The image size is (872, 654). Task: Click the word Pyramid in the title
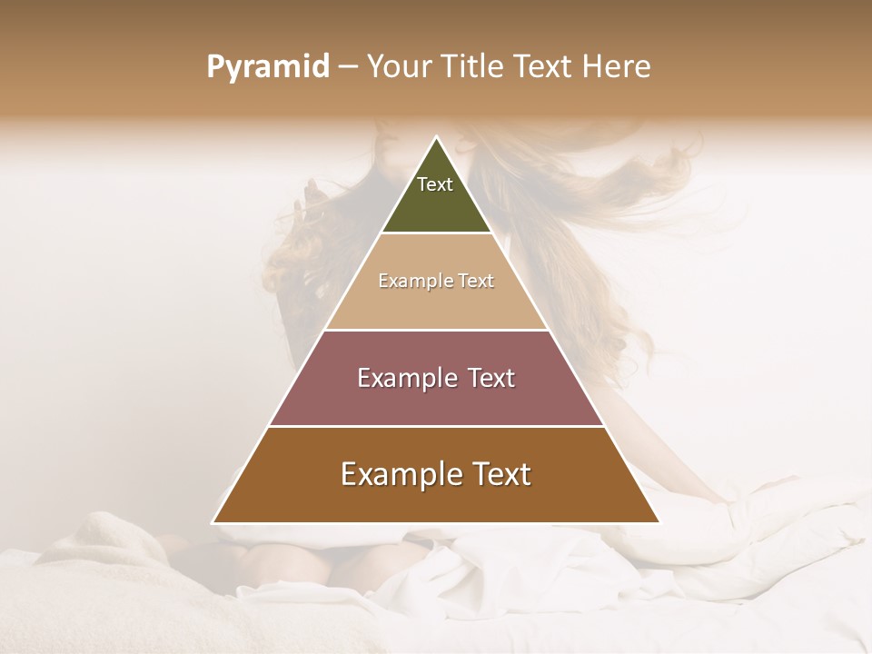coord(267,67)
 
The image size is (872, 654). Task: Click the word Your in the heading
coord(398,66)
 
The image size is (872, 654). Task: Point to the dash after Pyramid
coord(348,67)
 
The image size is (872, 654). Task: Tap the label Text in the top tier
coord(435,184)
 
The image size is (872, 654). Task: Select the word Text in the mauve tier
coord(491,378)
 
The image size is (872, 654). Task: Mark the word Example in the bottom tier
coord(399,474)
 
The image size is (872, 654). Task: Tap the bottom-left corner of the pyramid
coord(213,523)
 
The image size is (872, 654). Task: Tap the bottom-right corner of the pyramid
coord(660,523)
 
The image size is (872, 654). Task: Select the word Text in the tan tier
coord(475,282)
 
